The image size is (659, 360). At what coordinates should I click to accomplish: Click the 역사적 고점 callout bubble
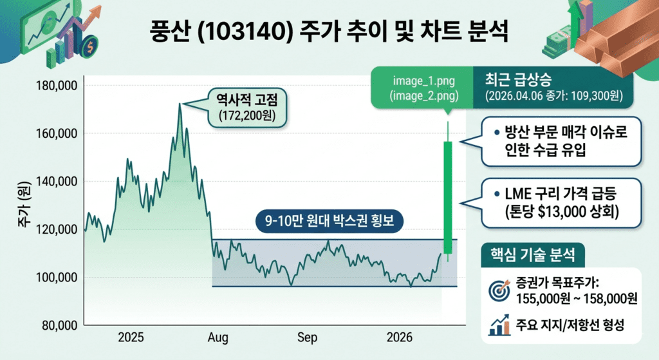pyautogui.click(x=250, y=108)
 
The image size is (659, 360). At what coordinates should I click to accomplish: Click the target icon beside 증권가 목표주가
pyautogui.click(x=499, y=290)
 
